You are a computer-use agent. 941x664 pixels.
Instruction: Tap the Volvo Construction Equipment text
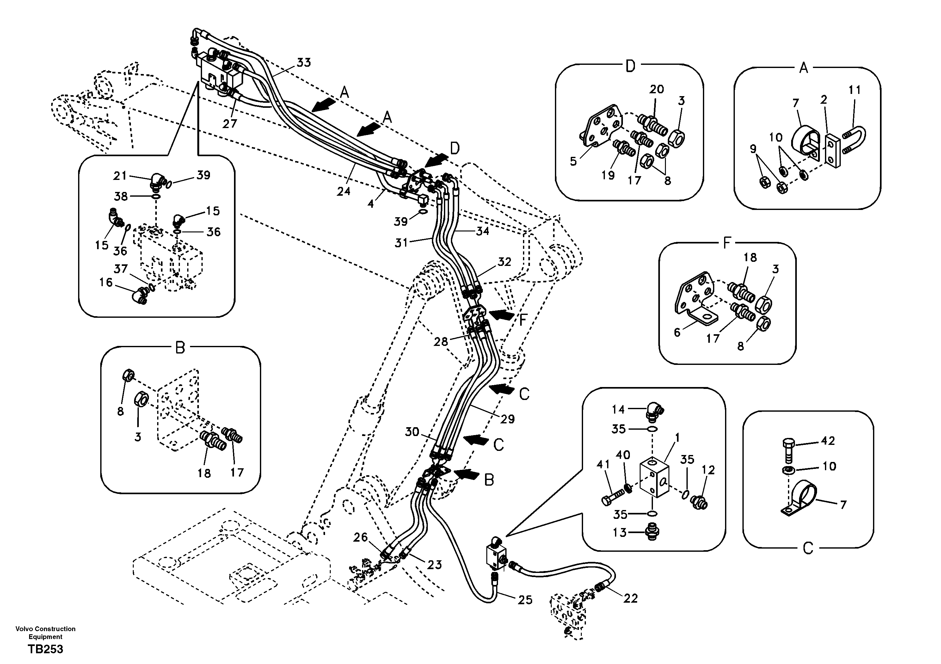[45, 632]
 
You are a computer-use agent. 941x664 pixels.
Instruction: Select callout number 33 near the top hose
[304, 63]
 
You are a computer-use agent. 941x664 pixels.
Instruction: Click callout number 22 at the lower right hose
[630, 599]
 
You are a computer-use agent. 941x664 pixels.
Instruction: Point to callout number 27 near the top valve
[230, 123]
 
